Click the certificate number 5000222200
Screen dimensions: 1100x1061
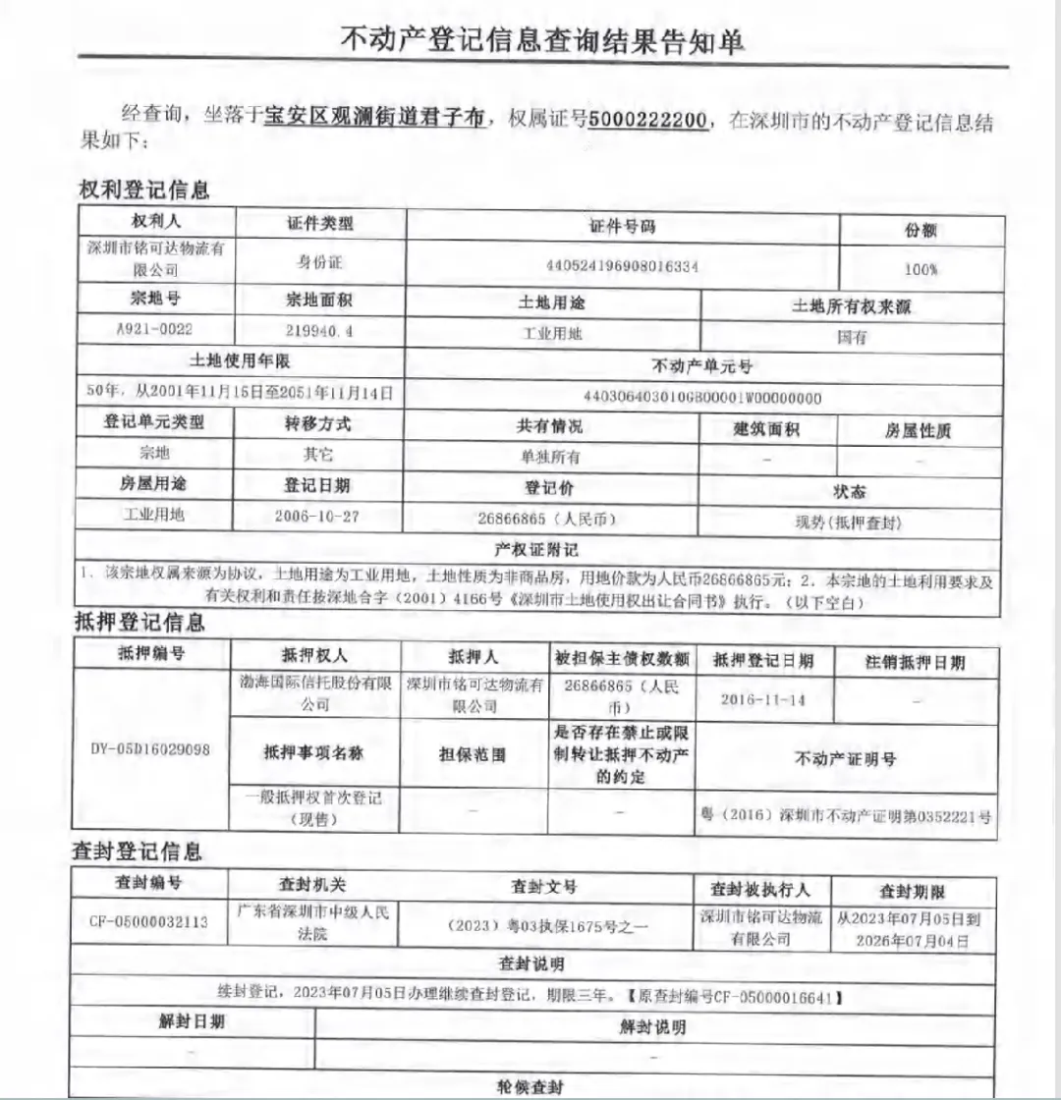651,120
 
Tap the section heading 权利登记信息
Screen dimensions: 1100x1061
143,190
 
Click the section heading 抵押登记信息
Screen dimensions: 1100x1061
140,621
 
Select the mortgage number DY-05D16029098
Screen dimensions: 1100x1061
149,747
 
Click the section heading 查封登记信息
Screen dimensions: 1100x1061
137,851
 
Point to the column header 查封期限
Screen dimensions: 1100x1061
912,892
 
